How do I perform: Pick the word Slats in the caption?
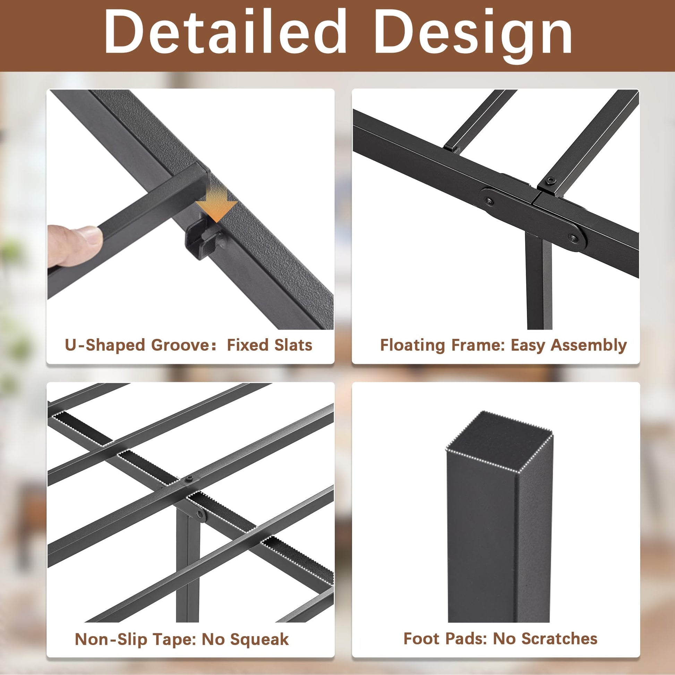[x=293, y=345]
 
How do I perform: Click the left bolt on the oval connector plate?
[x=489, y=202]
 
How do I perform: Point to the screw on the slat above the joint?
[x=552, y=181]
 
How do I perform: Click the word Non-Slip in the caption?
[x=111, y=640]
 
